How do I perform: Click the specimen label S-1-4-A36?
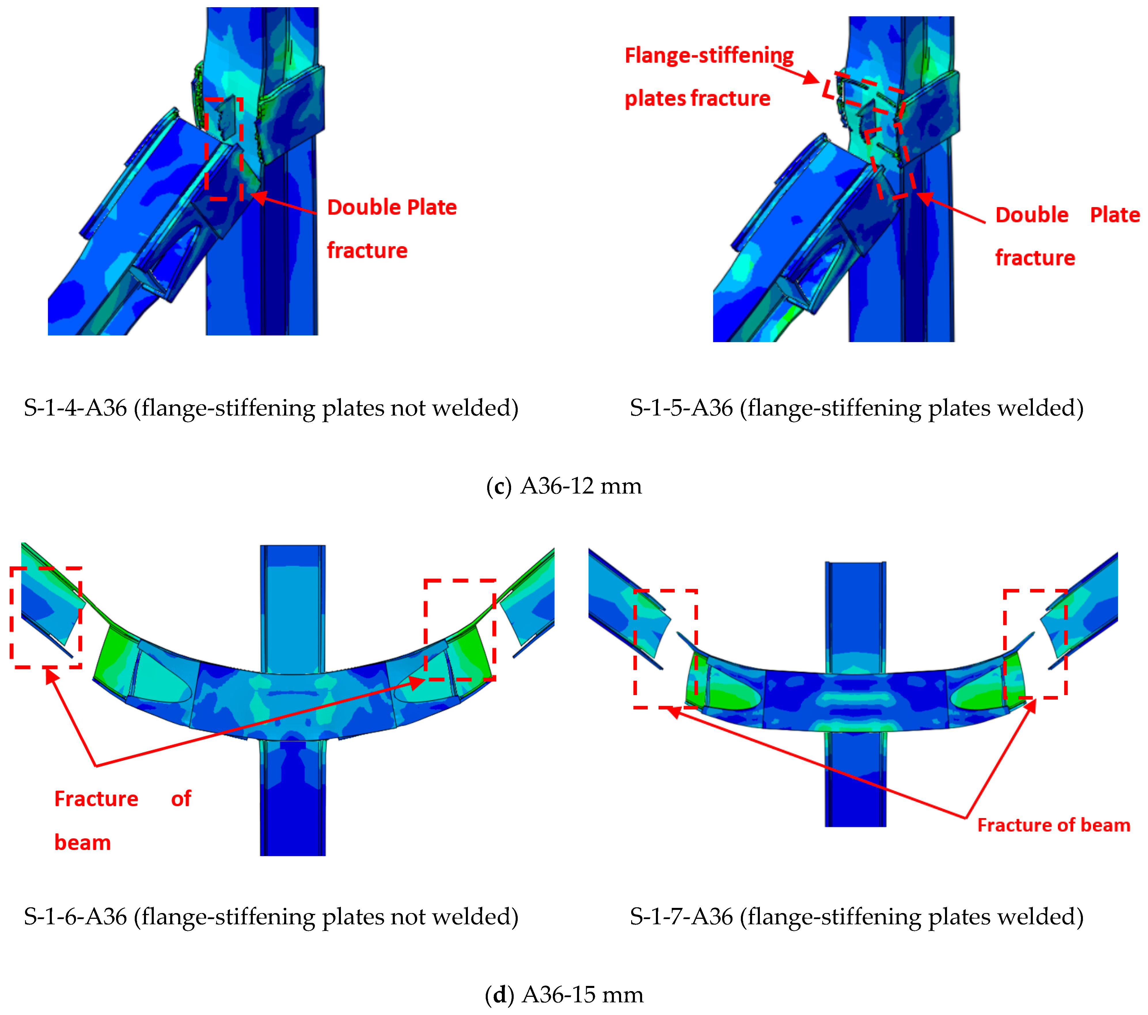[x=75, y=408]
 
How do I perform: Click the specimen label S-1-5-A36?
[x=681, y=408]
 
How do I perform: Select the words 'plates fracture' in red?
[x=697, y=98]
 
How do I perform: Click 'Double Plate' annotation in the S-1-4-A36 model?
[x=392, y=207]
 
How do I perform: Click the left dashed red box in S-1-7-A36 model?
[x=665, y=649]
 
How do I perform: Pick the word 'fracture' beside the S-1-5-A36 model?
[x=1035, y=258]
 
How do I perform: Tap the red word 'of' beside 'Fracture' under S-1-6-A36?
[x=181, y=799]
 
